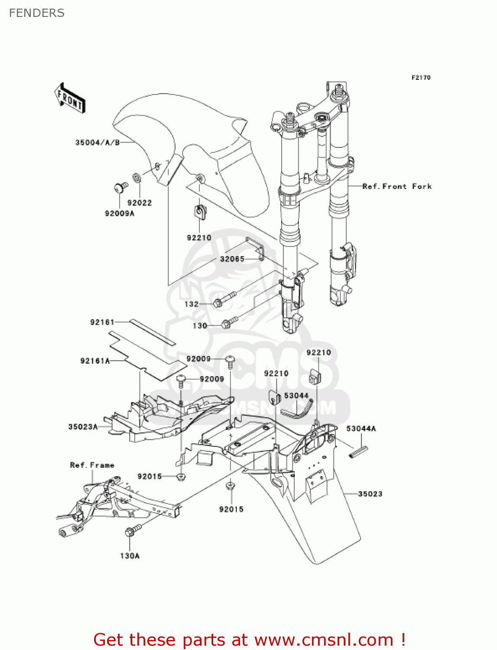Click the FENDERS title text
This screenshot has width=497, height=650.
37,13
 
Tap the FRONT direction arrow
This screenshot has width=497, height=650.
70,98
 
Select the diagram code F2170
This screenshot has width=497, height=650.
421,78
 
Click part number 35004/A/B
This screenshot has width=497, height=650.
97,143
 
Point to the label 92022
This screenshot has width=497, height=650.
140,203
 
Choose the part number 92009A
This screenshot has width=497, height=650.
120,213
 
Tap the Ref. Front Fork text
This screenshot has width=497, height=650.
397,186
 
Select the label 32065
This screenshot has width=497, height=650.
232,259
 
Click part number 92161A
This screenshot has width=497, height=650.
95,361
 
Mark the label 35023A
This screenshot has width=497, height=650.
83,427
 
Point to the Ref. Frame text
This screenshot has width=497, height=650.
92,465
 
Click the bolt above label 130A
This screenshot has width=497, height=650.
132,530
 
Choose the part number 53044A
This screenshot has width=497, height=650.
361,429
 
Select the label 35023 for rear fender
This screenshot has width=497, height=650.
370,494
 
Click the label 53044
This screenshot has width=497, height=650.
296,396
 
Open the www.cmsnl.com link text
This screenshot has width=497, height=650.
324,640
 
